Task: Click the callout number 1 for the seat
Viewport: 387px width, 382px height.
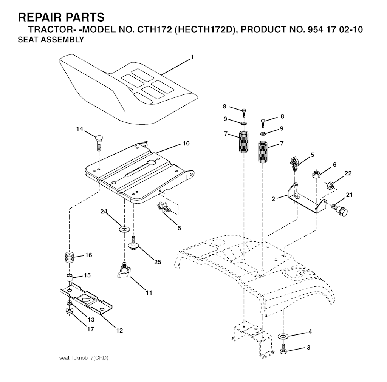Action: point(192,57)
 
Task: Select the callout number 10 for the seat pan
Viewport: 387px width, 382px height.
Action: point(186,143)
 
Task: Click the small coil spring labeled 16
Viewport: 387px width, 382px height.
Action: point(70,257)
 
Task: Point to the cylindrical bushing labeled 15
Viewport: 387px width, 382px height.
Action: point(70,278)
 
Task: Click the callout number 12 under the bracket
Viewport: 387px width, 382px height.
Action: point(119,330)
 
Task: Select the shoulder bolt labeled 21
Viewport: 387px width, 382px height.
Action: point(340,209)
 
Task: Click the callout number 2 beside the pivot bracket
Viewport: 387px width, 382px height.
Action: point(273,199)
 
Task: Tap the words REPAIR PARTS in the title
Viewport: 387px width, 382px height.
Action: point(61,17)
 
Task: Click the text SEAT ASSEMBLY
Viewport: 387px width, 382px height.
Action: point(51,39)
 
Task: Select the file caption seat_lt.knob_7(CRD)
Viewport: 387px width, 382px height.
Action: point(84,358)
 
